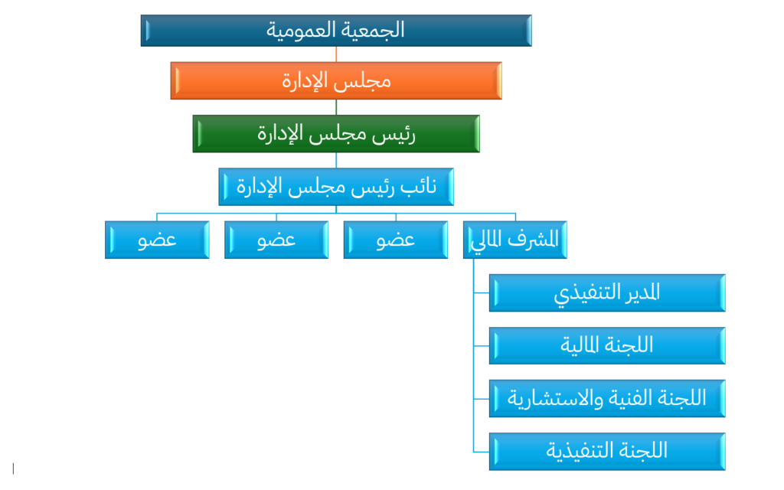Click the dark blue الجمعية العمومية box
coord(336,31)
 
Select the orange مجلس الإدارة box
coord(336,80)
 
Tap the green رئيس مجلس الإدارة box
coord(336,133)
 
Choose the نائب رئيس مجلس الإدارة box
coord(336,187)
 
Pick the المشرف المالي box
coord(515,240)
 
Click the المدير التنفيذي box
coord(607,292)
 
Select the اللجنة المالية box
coord(607,345)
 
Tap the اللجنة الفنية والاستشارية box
coord(607,398)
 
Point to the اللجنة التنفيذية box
coord(607,452)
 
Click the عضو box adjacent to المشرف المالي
coord(396,240)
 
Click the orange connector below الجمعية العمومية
coord(336,54)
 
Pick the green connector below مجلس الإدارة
coord(336,107)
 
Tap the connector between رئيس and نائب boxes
coord(336,160)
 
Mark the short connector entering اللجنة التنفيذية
coord(481,452)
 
